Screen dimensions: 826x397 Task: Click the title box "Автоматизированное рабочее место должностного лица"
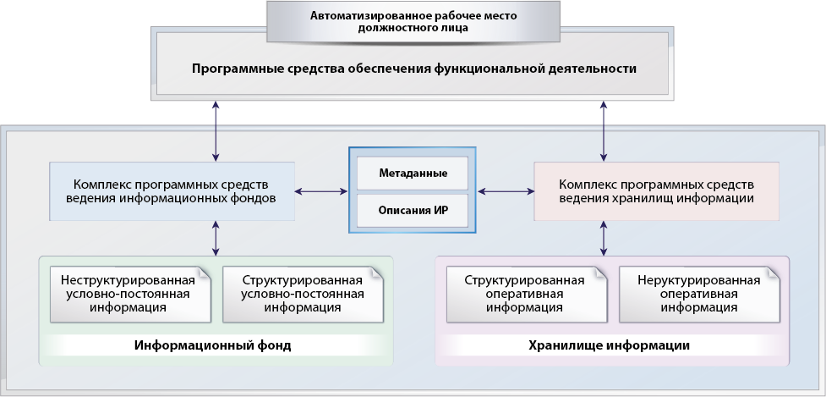tap(413, 22)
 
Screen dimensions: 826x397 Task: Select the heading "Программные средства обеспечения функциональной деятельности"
tap(413, 69)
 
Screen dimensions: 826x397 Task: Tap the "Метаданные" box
tap(413, 173)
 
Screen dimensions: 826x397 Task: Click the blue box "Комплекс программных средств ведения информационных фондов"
tap(172, 191)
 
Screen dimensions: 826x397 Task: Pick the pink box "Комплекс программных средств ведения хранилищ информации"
tap(656, 191)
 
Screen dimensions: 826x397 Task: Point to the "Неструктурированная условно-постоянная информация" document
tap(131, 295)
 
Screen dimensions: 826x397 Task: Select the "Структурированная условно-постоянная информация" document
tap(303, 295)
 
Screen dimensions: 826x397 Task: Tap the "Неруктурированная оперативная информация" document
tap(699, 295)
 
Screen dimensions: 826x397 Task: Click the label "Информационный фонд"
tap(213, 346)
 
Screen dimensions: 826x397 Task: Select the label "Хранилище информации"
tap(609, 346)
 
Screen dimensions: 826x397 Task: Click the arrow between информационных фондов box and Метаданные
tap(321, 192)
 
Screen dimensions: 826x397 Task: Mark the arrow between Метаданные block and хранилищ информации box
tap(506, 192)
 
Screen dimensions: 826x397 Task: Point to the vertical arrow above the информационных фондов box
tap(216, 131)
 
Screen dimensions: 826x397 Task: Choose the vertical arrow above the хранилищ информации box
tap(604, 131)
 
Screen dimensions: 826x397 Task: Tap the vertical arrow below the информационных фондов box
tap(216, 239)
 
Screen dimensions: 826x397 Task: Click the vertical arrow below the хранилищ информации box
tap(604, 239)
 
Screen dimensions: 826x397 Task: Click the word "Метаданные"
tap(413, 173)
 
